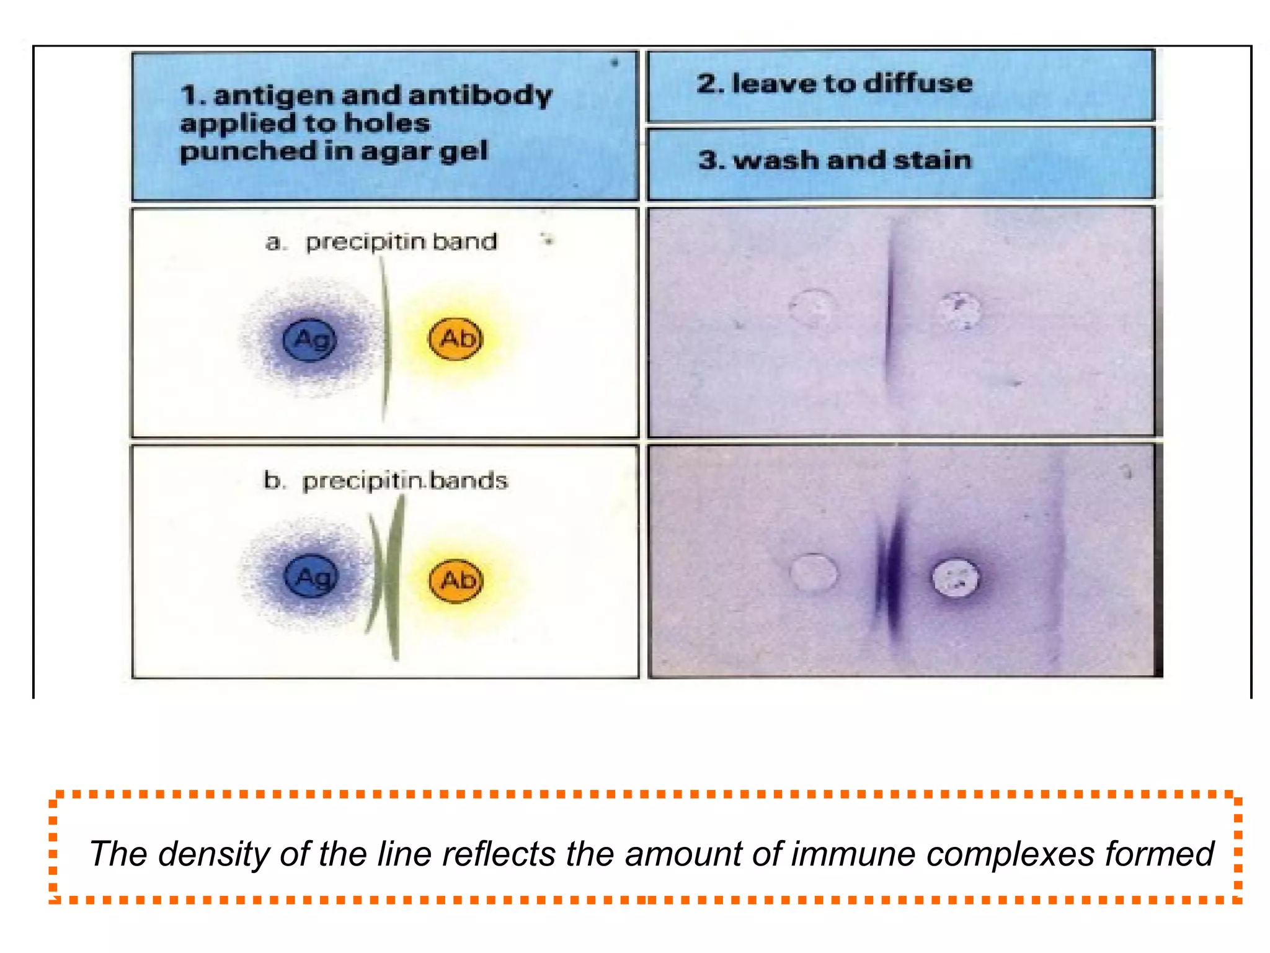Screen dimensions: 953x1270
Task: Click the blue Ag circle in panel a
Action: [309, 339]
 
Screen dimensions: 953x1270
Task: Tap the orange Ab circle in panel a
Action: [456, 339]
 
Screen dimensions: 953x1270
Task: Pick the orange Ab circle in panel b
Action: [456, 580]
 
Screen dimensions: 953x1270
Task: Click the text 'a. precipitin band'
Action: [381, 241]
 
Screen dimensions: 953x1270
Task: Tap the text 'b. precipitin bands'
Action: [385, 481]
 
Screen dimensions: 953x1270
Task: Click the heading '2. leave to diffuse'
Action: [834, 83]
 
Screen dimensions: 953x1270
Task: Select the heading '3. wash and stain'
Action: [834, 160]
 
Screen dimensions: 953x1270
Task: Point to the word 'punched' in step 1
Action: [231, 151]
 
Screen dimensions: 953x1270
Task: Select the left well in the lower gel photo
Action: [813, 572]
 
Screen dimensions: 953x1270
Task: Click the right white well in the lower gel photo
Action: [956, 578]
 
